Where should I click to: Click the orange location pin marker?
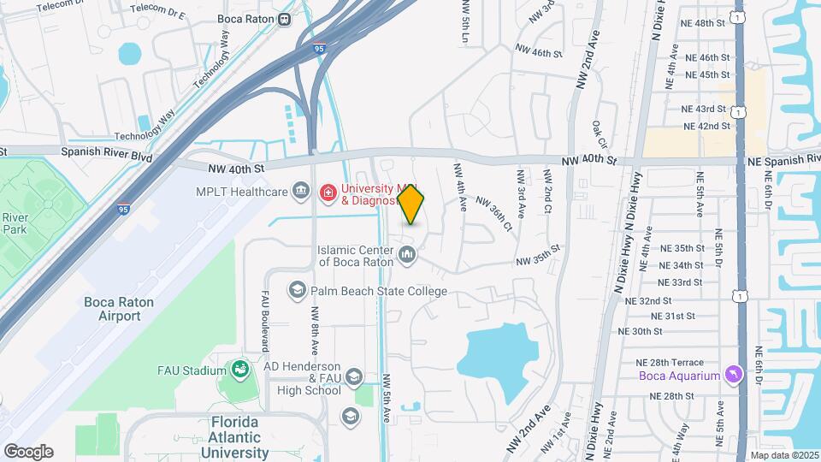click(411, 204)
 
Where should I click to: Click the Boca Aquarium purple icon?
click(733, 375)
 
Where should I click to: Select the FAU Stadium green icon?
click(240, 370)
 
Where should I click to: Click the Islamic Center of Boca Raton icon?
click(408, 254)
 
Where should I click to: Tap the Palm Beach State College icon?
click(298, 291)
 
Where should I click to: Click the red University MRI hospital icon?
click(328, 193)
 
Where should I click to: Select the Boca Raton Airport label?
click(112, 309)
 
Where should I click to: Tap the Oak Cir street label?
click(599, 135)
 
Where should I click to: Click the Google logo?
click(28, 452)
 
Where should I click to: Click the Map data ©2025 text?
click(784, 455)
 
